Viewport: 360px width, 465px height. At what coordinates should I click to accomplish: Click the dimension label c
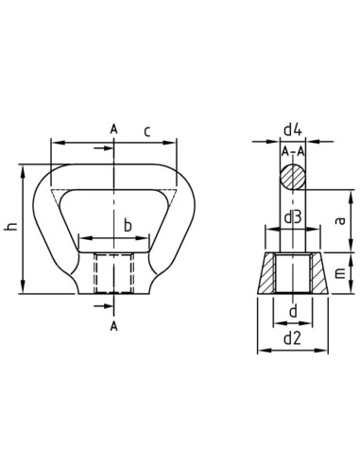[x=147, y=131]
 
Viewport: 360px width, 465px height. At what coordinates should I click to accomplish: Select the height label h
[x=10, y=227]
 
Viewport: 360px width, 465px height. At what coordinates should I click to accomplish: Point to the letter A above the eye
[x=113, y=128]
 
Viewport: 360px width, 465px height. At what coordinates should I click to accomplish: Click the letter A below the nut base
[x=113, y=325]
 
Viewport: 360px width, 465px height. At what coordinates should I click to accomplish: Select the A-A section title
[x=292, y=151]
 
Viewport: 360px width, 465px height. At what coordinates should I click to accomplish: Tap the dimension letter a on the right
[x=338, y=219]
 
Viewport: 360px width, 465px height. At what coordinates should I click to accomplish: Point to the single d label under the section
[x=292, y=310]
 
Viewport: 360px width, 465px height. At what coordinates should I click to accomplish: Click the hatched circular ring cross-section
[x=292, y=177]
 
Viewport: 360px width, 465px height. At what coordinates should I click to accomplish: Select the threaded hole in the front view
[x=113, y=275]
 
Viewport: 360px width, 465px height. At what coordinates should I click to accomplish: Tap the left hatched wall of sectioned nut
[x=267, y=274]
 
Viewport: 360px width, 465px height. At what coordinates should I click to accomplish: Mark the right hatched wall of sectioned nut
[x=317, y=274]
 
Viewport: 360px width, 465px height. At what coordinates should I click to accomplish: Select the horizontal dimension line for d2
[x=292, y=351]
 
